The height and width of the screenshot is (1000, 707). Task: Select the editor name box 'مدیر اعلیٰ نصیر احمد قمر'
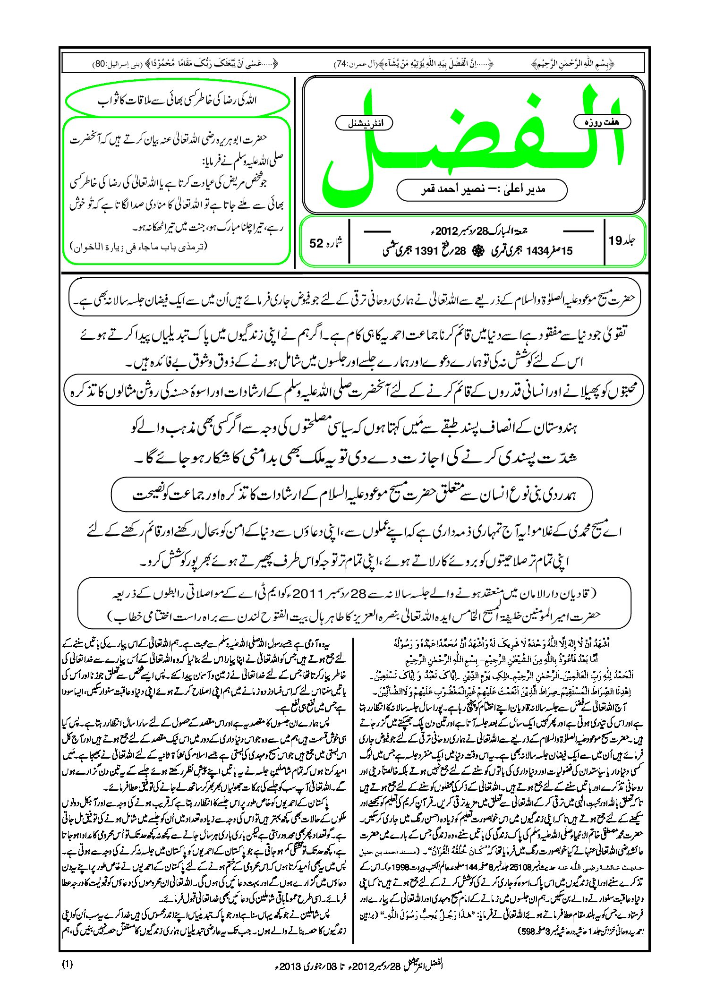coord(482,189)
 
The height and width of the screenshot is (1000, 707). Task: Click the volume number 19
coord(615,241)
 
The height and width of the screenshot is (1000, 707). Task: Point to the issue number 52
coord(316,243)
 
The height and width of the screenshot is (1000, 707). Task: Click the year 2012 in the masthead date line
coord(447,231)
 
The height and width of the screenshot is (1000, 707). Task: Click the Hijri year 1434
coord(537,251)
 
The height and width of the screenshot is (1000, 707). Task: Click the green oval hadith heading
coord(177,101)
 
